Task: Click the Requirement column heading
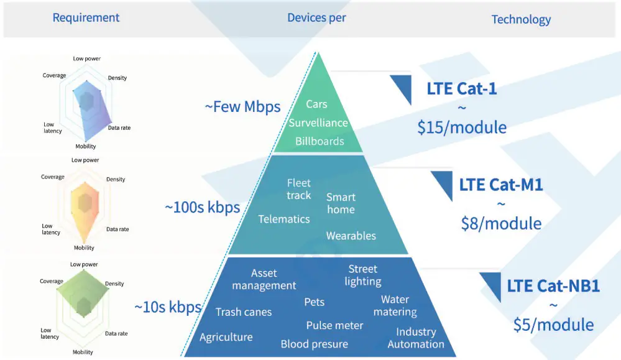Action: click(86, 17)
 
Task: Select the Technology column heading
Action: click(521, 19)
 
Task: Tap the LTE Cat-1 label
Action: click(461, 88)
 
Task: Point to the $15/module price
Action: click(462, 127)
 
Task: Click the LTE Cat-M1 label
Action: click(501, 185)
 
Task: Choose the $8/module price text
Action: click(501, 223)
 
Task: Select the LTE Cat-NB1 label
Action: click(553, 286)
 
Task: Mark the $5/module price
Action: click(553, 324)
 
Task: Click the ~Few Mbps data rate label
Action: click(243, 106)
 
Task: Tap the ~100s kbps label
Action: click(203, 207)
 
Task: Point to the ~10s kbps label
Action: click(168, 307)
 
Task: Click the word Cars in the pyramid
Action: click(317, 104)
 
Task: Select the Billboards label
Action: click(320, 141)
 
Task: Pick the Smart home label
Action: click(341, 203)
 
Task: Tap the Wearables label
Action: click(351, 236)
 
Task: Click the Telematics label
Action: click(284, 219)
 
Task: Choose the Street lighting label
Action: click(363, 275)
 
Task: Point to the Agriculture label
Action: click(226, 337)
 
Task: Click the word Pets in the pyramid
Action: click(315, 302)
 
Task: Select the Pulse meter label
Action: click(334, 325)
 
